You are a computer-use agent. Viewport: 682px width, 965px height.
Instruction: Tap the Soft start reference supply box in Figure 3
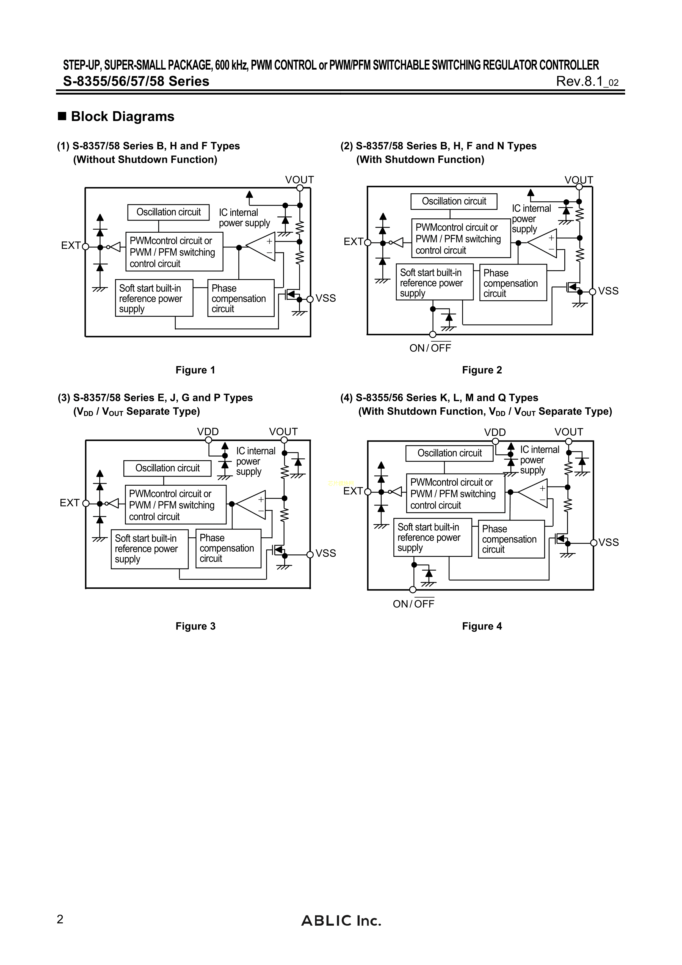pyautogui.click(x=150, y=549)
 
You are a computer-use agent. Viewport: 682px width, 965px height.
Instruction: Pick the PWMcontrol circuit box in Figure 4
pyautogui.click(x=455, y=493)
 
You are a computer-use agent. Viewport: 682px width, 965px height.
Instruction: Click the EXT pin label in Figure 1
pyautogui.click(x=71, y=246)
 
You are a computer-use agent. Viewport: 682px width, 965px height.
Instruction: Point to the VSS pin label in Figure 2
pyautogui.click(x=608, y=291)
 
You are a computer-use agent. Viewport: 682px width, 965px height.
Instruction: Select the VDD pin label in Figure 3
pyautogui.click(x=208, y=432)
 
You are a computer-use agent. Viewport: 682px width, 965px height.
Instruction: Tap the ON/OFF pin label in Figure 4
pyautogui.click(x=413, y=604)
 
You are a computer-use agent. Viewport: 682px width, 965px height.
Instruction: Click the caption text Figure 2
pyautogui.click(x=482, y=370)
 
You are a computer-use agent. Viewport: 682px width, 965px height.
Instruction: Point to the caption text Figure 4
pyautogui.click(x=482, y=626)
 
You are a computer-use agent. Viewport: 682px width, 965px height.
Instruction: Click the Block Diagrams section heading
pyautogui.click(x=122, y=116)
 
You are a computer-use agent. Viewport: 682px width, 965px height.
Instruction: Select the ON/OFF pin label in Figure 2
pyautogui.click(x=430, y=348)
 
